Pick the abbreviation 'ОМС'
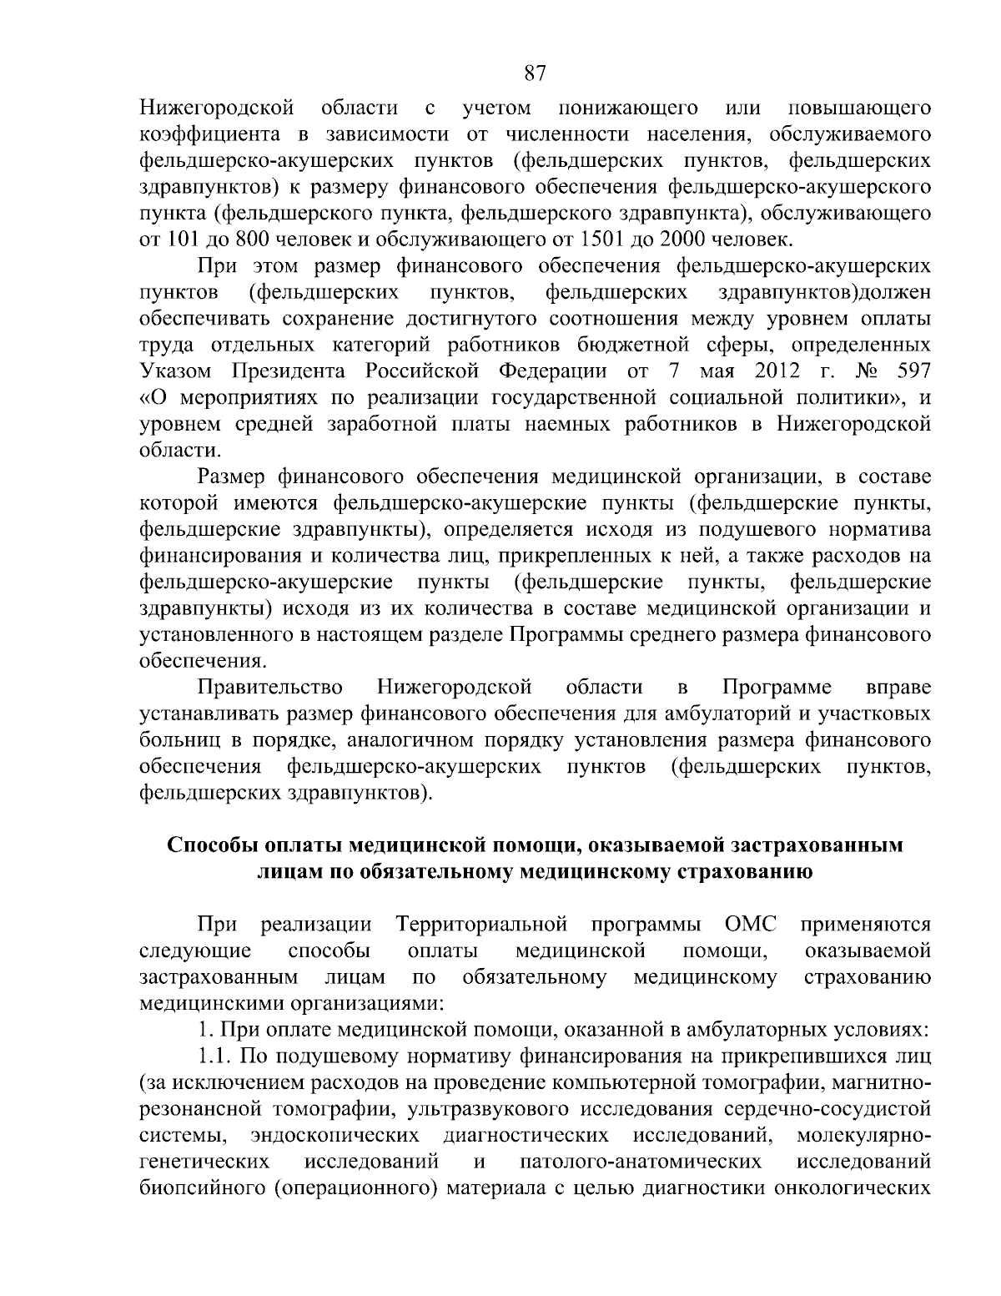pos(751,925)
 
